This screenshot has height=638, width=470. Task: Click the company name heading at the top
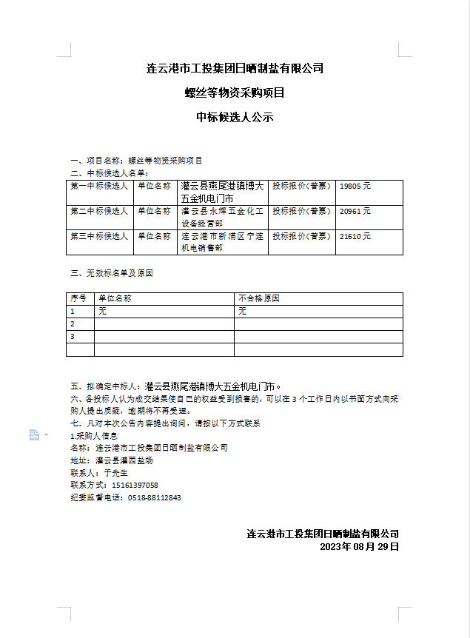235,69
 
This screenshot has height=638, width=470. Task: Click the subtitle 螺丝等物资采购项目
235,93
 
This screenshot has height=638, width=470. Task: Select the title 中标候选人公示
235,117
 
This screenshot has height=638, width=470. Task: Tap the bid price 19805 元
355,187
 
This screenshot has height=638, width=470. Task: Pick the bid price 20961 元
355,212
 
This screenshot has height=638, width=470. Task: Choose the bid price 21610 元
355,237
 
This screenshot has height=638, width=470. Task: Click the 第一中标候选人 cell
99,187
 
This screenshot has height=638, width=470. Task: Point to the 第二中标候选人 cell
99,212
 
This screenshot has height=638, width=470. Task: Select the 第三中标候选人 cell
99,237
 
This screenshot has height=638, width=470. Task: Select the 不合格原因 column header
259,299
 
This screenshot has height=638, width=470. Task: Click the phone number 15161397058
135,485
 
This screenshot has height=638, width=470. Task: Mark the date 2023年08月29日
360,546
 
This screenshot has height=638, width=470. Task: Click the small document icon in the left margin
34,434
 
